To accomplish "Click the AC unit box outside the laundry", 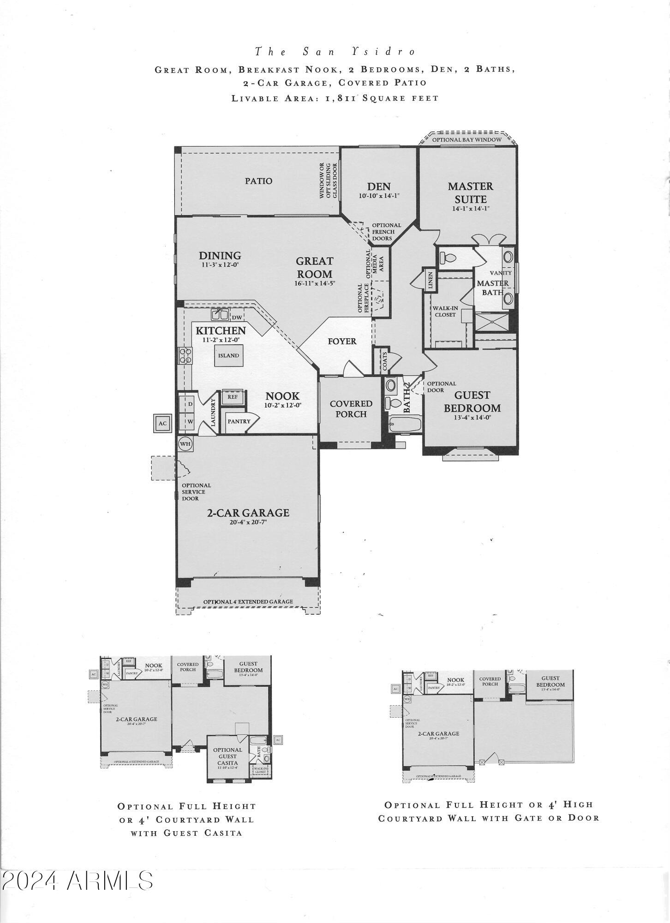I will click(162, 423).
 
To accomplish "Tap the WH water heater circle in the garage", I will click(185, 444).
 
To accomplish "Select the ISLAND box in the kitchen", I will click(229, 355).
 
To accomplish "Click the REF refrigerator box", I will click(232, 396).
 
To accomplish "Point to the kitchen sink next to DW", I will click(220, 315).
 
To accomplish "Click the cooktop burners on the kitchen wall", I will click(185, 356).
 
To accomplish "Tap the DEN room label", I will click(379, 186).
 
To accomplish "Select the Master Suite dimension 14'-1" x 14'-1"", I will click(470, 209).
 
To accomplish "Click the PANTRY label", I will click(239, 421).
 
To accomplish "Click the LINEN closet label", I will click(430, 280).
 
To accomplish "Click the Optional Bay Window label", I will click(467, 140).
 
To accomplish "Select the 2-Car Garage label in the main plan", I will click(248, 513).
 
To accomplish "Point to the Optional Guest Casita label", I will click(227, 756).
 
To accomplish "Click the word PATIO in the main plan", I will click(258, 181).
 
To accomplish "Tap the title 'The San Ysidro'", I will click(335, 52).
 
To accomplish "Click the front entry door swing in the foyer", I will click(350, 368).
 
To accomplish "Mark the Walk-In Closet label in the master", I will click(444, 312).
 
